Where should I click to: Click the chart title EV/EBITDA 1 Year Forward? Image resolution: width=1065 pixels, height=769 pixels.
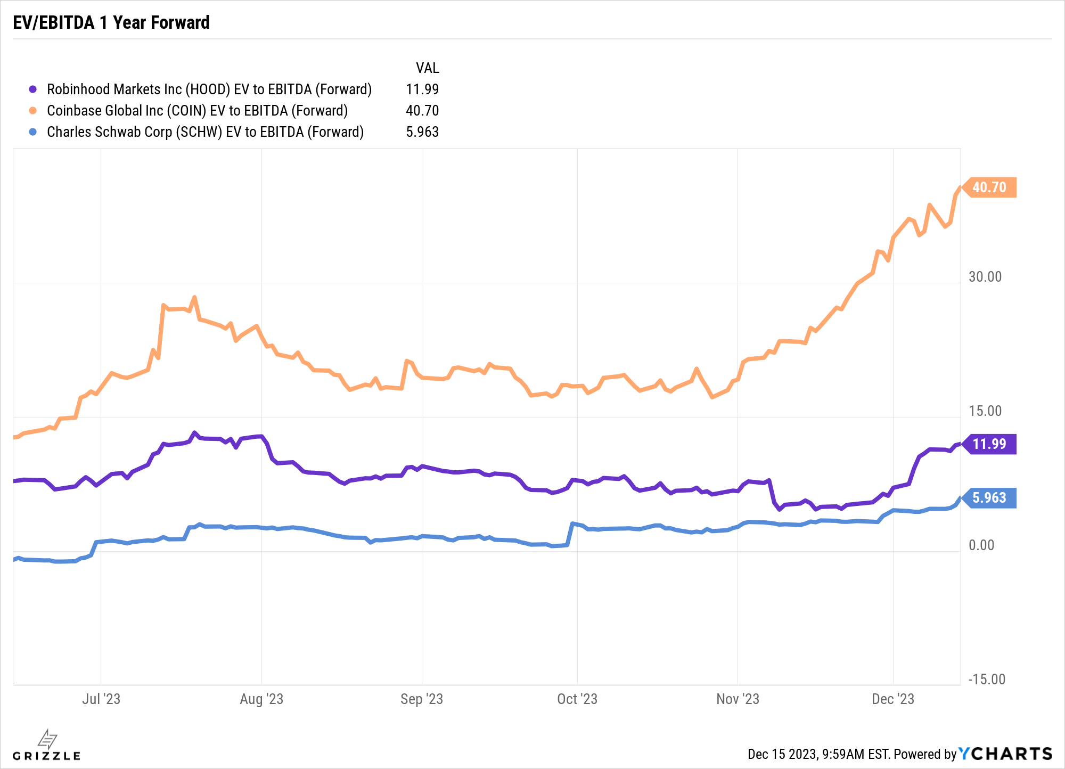tap(111, 22)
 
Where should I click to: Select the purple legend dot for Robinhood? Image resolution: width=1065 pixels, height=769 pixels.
tap(33, 89)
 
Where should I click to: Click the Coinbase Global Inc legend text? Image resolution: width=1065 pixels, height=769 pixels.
tap(197, 111)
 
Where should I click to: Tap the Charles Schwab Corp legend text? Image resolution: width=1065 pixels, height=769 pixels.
tap(205, 132)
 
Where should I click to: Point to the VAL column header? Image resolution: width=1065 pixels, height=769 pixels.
tap(427, 68)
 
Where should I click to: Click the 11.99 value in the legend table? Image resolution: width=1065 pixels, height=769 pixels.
tap(422, 89)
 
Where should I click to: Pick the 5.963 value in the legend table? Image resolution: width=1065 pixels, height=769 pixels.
tap(422, 132)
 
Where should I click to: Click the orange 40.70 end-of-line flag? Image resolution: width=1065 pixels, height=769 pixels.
tap(989, 187)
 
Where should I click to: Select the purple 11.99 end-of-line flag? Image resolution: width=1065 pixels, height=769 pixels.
tap(989, 444)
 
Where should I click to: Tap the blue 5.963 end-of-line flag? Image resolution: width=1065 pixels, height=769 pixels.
tap(989, 498)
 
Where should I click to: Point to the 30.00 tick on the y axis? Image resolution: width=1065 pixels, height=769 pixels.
tap(985, 277)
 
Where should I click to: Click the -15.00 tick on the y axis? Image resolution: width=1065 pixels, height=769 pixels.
tap(986, 680)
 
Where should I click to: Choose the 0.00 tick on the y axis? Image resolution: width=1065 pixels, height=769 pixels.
tap(981, 545)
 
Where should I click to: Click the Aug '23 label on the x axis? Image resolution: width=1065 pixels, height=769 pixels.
tap(261, 699)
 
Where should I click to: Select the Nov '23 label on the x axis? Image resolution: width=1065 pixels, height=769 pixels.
tap(738, 699)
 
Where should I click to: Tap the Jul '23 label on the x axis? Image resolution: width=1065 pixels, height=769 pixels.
tap(101, 699)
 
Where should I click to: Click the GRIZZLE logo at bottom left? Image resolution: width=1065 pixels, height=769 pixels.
tap(47, 746)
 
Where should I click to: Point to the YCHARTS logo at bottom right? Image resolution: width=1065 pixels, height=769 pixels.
tap(1005, 754)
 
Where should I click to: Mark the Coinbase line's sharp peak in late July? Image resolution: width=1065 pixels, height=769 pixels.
tap(194, 297)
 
